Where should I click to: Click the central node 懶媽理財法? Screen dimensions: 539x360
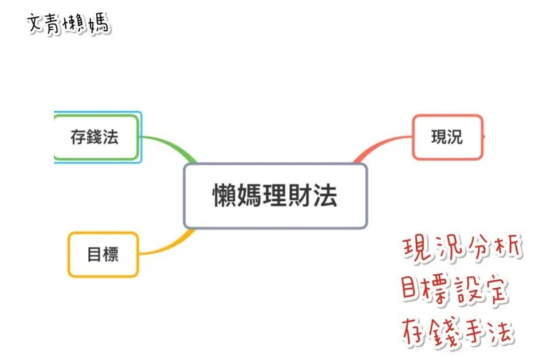pyautogui.click(x=275, y=196)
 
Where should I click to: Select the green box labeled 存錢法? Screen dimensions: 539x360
pyautogui.click(x=95, y=137)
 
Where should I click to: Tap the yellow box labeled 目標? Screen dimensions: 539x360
pyautogui.click(x=103, y=254)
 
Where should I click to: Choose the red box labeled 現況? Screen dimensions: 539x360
pyautogui.click(x=447, y=136)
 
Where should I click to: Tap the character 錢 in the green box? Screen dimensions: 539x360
pyautogui.click(x=95, y=137)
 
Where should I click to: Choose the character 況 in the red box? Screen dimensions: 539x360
pyautogui.click(x=455, y=136)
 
